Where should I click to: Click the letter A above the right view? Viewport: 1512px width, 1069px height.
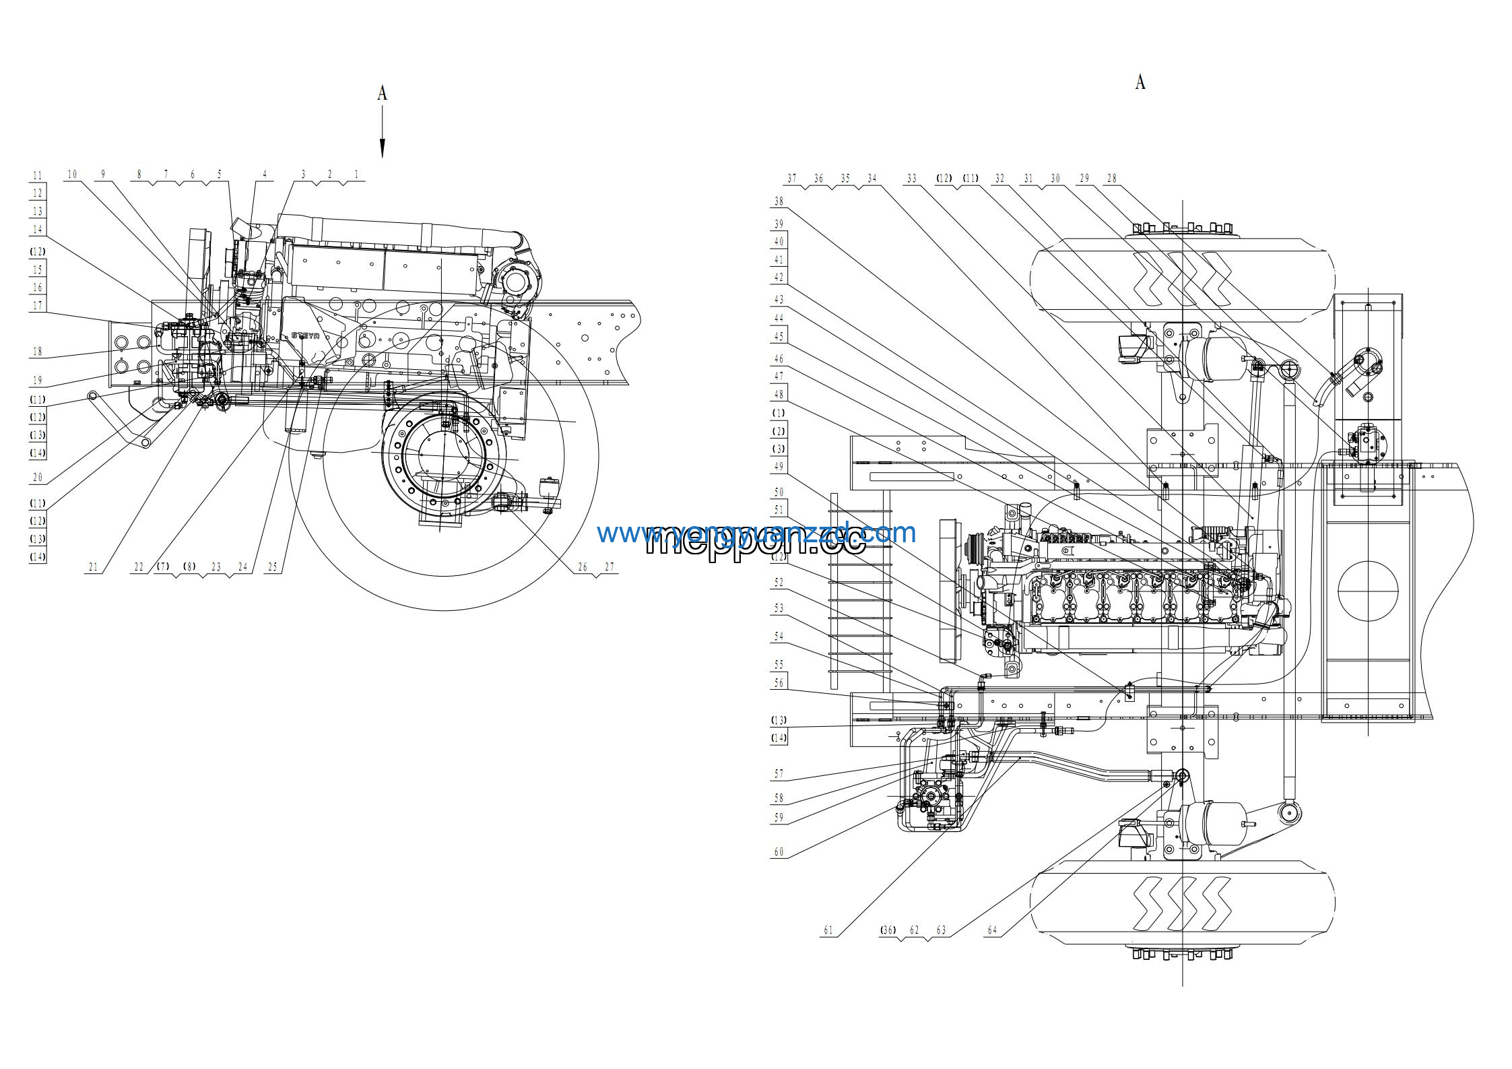coord(1140,82)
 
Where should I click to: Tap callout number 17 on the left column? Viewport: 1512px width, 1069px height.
coord(38,306)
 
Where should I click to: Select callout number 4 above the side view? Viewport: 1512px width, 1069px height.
coord(265,174)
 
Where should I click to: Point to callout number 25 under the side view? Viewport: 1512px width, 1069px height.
coord(272,567)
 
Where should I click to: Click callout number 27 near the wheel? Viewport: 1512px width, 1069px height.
coord(609,567)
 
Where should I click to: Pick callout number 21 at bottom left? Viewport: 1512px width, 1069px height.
coord(93,567)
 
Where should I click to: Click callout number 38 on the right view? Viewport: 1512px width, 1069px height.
coord(779,201)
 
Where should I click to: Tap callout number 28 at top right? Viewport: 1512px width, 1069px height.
coord(1111,179)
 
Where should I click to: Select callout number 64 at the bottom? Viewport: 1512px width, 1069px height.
coord(992,931)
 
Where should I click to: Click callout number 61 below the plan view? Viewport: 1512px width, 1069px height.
coord(828,931)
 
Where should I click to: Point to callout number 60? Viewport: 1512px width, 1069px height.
coord(779,853)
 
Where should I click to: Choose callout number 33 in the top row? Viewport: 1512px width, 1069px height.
coord(912,179)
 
